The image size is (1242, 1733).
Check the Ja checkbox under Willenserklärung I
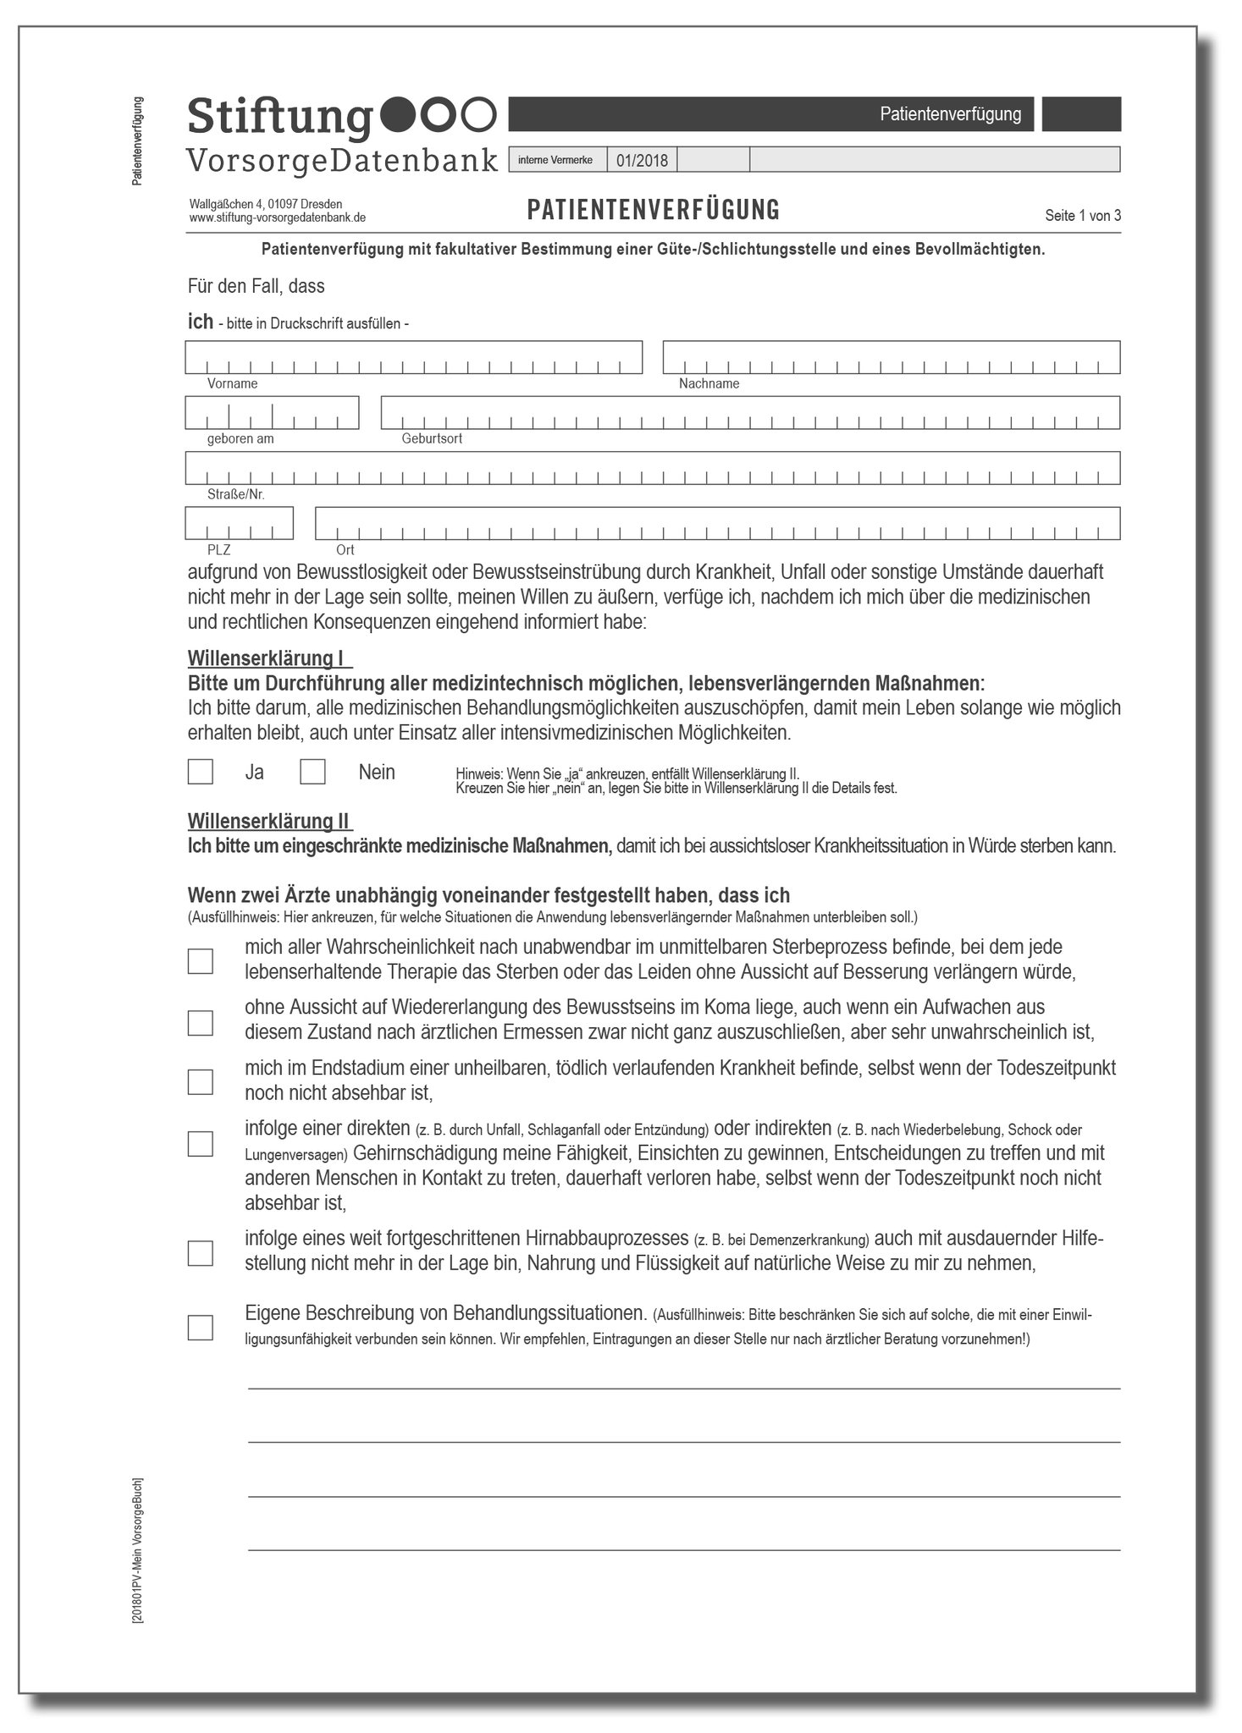(200, 772)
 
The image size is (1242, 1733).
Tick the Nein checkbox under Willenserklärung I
(312, 772)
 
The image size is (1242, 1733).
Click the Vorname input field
(413, 357)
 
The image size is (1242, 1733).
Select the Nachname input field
(891, 357)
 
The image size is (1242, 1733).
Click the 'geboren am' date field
(272, 413)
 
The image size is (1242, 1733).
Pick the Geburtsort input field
(750, 413)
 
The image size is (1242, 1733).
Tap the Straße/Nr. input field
(653, 468)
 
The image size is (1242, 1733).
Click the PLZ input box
(240, 523)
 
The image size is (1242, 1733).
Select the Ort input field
(717, 523)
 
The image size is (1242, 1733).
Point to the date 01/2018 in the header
(642, 160)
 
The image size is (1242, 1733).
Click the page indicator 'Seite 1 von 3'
(1083, 216)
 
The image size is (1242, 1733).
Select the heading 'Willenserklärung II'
(268, 821)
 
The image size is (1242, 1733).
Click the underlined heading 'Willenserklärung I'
(268, 657)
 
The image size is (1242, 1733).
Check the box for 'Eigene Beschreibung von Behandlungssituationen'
(200, 1327)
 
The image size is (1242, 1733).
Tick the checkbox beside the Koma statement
(200, 1022)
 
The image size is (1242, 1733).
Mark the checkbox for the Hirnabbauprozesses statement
(200, 1253)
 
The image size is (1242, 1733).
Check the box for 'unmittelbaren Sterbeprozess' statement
(200, 961)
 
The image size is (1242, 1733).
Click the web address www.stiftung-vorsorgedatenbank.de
(278, 217)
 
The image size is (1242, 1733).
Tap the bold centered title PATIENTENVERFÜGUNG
(653, 210)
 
